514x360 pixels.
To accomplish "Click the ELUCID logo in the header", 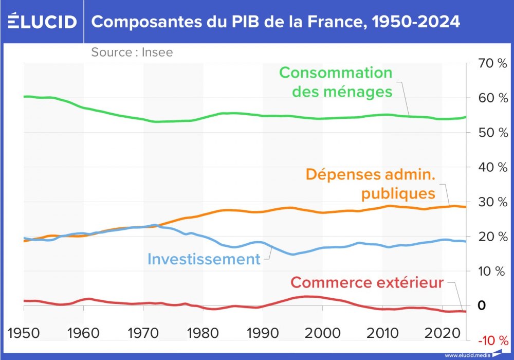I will tap(42, 22).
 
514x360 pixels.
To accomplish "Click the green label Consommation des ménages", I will tap(336, 82).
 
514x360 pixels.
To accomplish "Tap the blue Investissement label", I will tap(204, 259).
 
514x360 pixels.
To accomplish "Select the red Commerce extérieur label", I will tap(366, 282).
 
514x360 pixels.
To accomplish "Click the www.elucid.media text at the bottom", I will tap(467, 355).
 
